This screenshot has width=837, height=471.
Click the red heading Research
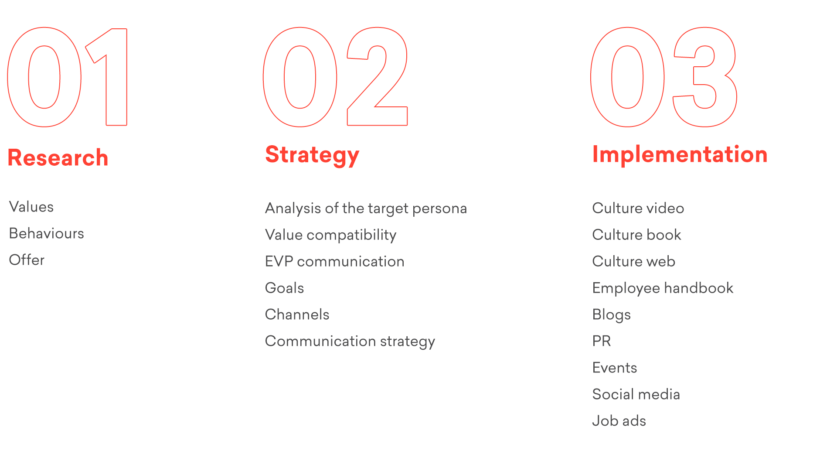coord(58,157)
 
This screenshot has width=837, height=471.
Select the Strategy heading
coord(312,155)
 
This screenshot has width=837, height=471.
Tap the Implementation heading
coord(680,154)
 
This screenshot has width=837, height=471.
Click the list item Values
coord(31,207)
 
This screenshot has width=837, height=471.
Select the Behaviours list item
coord(47,233)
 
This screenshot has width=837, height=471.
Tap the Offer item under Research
coord(27,260)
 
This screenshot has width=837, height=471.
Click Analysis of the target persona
coord(366,208)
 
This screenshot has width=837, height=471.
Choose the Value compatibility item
coord(331,235)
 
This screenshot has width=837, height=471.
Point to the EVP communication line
coord(335,261)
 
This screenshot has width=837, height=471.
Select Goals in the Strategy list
coord(284,288)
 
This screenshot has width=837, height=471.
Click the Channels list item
coord(297,314)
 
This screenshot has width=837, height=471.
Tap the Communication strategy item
coord(350,341)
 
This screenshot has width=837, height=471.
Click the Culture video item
coord(638,208)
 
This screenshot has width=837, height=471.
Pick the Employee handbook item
coord(663,288)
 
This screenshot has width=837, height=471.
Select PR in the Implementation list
coord(602,341)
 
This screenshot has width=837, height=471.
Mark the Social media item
coord(636,394)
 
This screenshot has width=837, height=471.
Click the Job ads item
coord(619,421)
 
